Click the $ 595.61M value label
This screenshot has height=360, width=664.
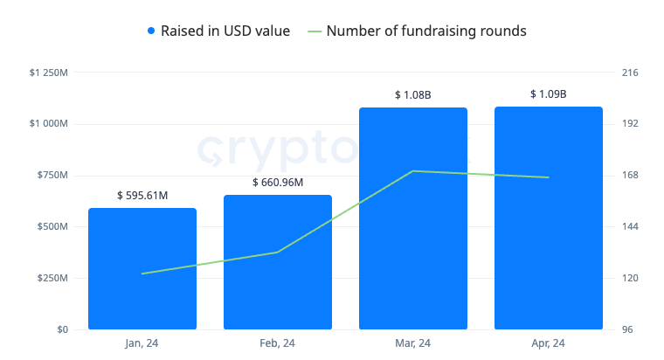142,196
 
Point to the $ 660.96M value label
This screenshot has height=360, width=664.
278,183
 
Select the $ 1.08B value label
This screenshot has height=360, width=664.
413,94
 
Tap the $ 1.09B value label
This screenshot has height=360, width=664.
549,93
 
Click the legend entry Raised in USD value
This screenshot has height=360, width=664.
218,31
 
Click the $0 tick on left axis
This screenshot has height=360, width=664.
62,330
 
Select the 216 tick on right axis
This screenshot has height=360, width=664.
629,73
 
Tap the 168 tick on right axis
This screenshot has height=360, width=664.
629,176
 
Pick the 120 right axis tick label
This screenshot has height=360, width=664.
629,279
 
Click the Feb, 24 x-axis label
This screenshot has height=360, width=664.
278,343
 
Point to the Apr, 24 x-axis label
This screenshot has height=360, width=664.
549,343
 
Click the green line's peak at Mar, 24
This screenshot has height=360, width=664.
413,171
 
